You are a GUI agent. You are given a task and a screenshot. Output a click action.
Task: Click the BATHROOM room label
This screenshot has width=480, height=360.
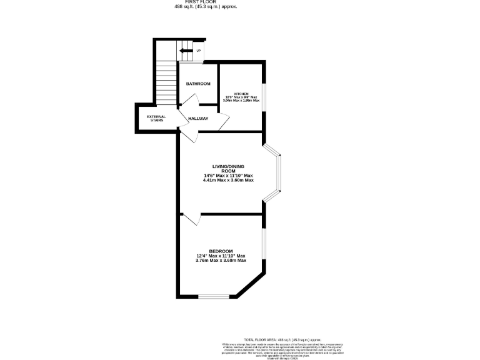click(197, 84)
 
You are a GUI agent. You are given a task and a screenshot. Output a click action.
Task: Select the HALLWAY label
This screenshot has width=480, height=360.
click(199, 118)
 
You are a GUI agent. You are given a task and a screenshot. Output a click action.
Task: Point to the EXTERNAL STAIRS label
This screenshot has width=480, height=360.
click(156, 118)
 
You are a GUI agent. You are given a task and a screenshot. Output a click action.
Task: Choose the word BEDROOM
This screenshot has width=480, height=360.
click(221, 251)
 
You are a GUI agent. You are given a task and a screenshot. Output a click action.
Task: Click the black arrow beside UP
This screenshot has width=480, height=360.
click(186, 51)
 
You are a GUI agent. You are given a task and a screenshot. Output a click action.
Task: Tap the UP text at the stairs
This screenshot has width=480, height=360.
click(199, 51)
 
